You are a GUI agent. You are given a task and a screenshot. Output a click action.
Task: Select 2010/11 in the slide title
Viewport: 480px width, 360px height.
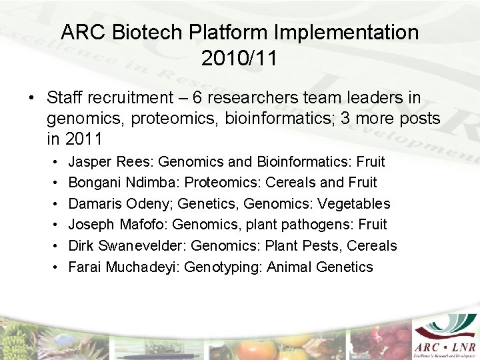(239, 58)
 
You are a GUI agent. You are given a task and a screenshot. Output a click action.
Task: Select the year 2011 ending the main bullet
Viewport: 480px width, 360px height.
(84, 139)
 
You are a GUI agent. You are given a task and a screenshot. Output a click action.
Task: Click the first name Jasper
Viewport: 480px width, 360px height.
(91, 161)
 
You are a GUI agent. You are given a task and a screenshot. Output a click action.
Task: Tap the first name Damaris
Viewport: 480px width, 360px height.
(95, 203)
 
